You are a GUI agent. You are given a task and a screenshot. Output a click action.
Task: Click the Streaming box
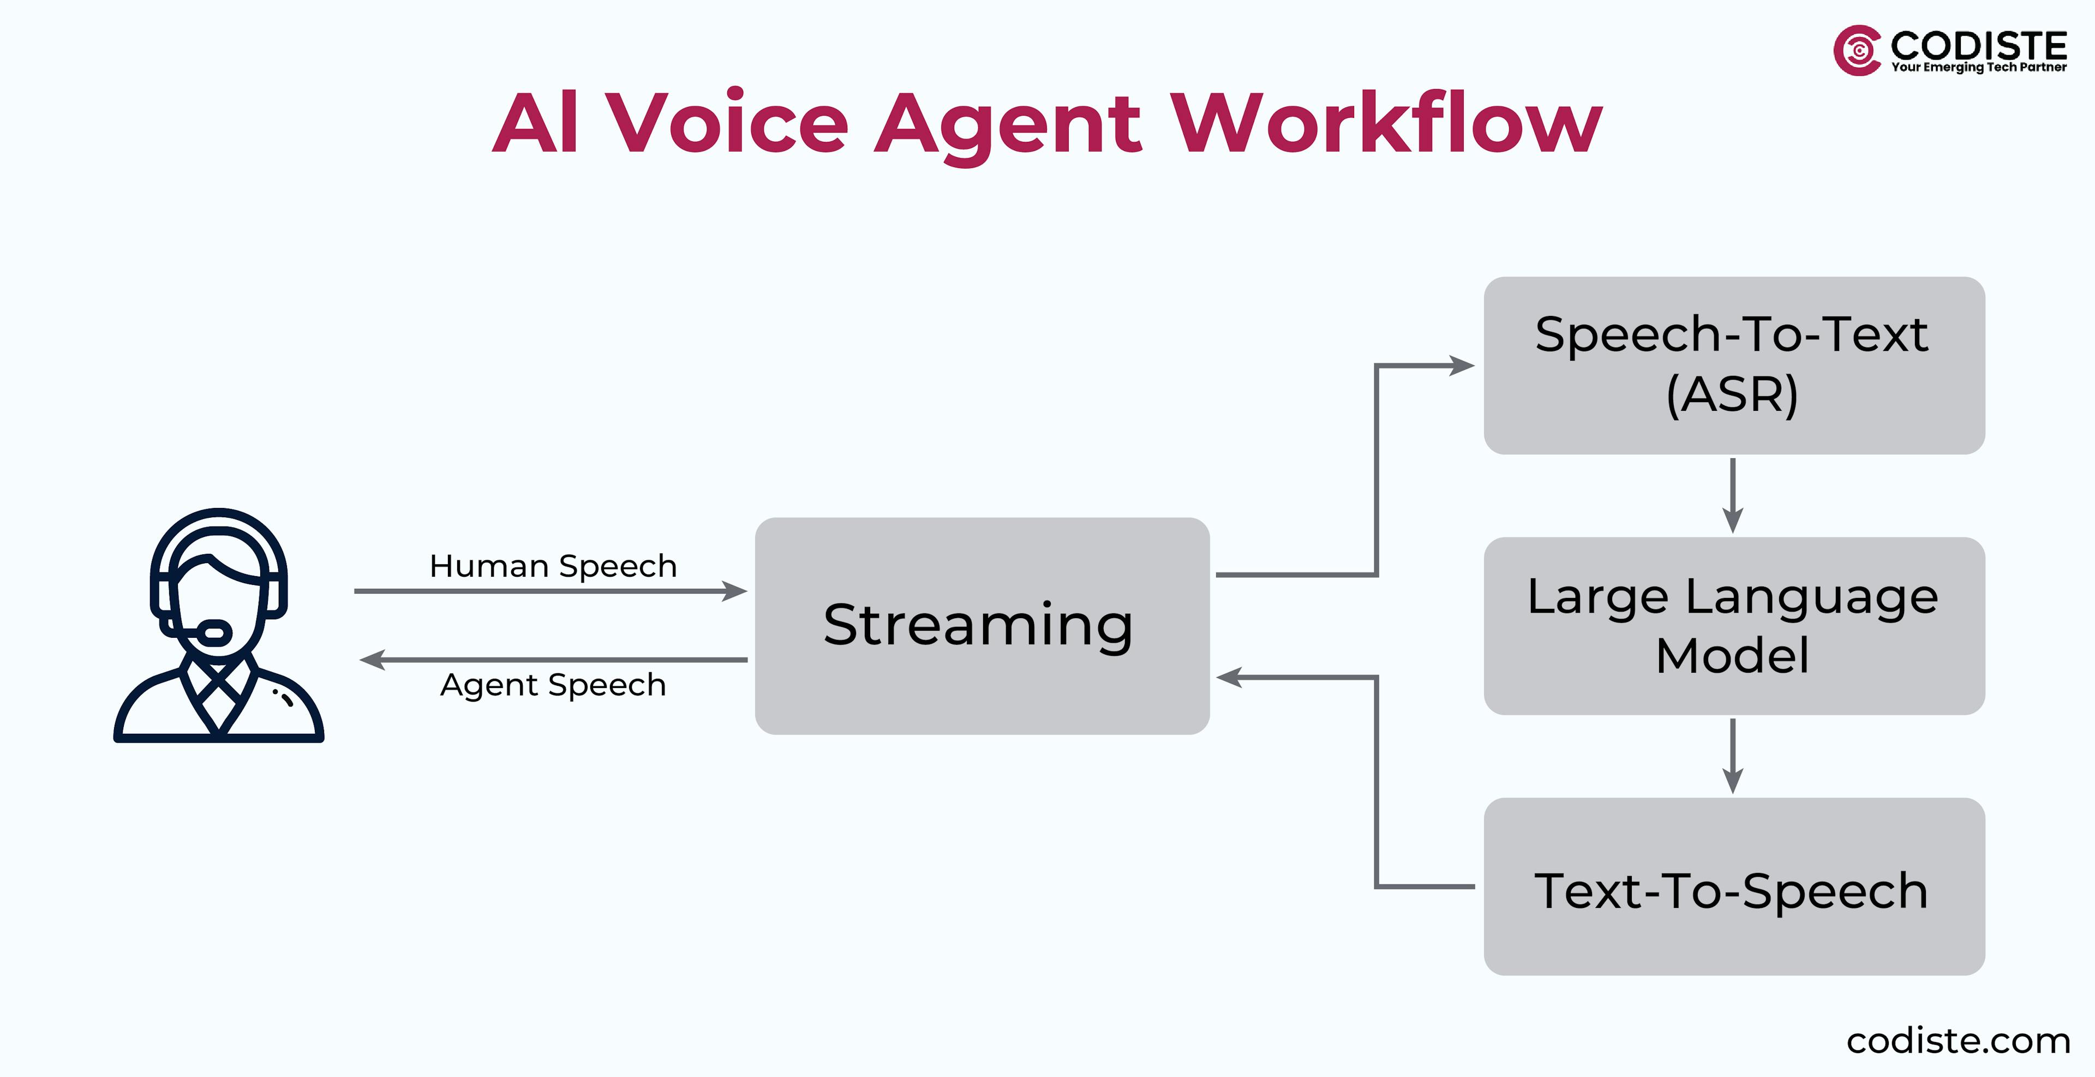(981, 626)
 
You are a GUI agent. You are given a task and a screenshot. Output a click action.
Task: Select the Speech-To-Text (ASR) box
(1733, 365)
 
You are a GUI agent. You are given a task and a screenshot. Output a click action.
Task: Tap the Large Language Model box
(1733, 626)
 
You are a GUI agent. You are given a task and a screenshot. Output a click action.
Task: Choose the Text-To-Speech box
(1733, 887)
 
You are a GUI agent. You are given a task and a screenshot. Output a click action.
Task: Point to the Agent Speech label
(553, 685)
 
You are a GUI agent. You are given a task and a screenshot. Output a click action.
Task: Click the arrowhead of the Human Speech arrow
(736, 591)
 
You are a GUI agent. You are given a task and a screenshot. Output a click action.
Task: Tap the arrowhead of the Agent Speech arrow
(372, 660)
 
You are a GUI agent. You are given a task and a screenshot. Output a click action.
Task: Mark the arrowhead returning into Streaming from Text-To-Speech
(1228, 677)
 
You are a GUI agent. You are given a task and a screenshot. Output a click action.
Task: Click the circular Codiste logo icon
(1857, 50)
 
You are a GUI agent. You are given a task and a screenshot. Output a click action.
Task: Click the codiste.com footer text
(1958, 1040)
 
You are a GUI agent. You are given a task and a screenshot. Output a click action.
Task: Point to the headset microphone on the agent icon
(216, 632)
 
